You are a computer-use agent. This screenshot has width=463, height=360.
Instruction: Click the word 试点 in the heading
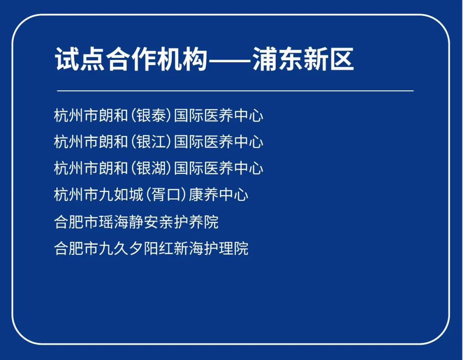[80, 59]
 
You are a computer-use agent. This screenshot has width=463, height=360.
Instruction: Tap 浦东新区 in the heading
[303, 59]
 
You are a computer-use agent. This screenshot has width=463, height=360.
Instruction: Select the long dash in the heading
[230, 60]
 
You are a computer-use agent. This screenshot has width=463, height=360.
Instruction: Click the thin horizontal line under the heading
[235, 91]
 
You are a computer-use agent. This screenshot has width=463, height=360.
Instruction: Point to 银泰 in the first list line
[151, 115]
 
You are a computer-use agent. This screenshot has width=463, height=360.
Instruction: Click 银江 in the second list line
[151, 141]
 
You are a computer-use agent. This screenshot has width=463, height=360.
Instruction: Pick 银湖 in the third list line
[151, 168]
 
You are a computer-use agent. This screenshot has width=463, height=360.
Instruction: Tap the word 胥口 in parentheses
[166, 195]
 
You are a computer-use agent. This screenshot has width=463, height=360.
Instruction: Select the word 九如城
[121, 195]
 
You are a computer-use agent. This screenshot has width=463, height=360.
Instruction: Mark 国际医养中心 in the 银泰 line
[219, 115]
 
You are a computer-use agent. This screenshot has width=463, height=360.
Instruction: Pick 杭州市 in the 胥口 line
[76, 195]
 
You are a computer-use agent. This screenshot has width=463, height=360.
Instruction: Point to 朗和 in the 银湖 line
[113, 168]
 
